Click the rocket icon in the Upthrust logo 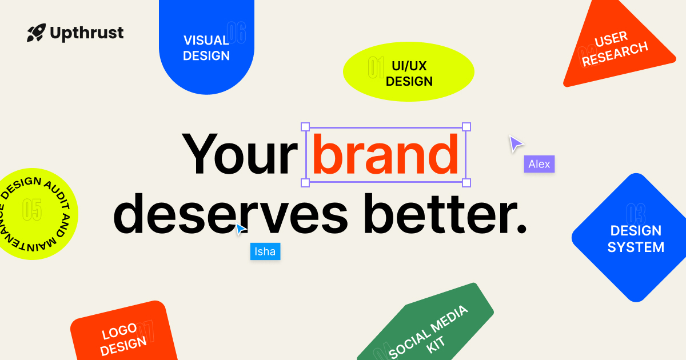[x=36, y=33]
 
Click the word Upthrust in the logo [x=86, y=33]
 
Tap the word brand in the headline [x=386, y=155]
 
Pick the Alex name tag [x=539, y=165]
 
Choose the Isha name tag [x=265, y=251]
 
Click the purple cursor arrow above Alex [x=516, y=143]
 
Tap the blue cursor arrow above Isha [x=241, y=229]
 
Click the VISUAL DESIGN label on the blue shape [x=206, y=48]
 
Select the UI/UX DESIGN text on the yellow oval [x=409, y=74]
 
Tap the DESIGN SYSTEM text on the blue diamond [x=636, y=239]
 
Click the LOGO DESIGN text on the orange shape [x=123, y=337]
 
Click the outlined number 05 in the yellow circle [x=32, y=210]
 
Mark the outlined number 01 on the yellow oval [x=376, y=67]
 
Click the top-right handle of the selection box [x=466, y=127]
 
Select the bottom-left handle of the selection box [x=305, y=183]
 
